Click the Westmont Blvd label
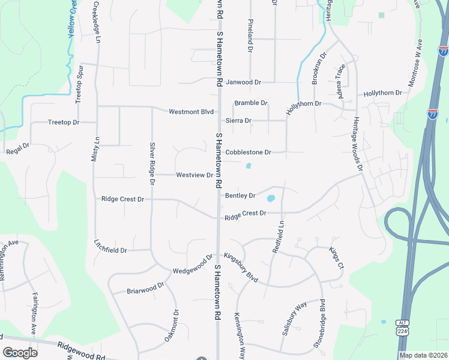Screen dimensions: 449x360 point(191,112)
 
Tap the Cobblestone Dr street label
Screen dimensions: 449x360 point(249,152)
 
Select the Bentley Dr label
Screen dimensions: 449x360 point(240,196)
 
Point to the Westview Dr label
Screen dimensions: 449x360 point(194,175)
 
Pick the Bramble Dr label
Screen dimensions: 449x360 point(251,103)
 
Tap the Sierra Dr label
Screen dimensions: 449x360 point(238,121)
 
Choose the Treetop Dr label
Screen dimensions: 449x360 point(64,122)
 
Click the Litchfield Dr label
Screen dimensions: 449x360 point(110,250)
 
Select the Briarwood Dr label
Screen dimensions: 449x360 point(145,289)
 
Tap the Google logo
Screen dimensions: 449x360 point(20,352)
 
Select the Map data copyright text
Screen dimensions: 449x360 point(423,355)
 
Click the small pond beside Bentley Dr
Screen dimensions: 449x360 point(271,198)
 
